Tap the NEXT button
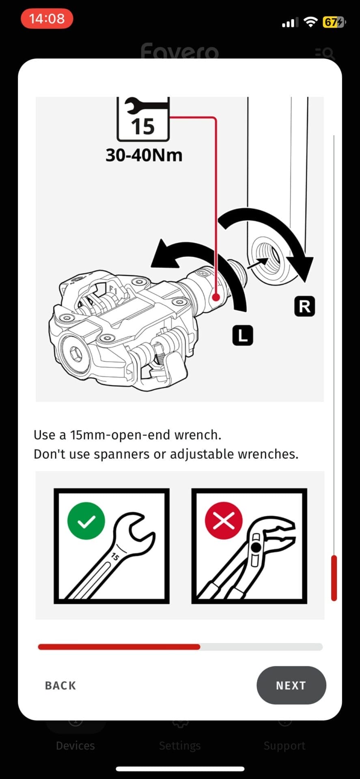tap(291, 685)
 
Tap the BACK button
tap(60, 686)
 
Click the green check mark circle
tap(86, 521)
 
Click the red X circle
tap(224, 521)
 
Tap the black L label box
tap(243, 336)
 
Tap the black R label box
tap(304, 306)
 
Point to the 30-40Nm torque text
tap(144, 155)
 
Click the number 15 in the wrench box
tap(143, 126)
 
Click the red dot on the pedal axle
tap(216, 297)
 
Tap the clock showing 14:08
tap(47, 19)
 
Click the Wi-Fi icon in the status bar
tap(310, 22)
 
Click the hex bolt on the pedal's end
tap(75, 355)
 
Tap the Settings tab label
tap(180, 746)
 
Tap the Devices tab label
tap(75, 746)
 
